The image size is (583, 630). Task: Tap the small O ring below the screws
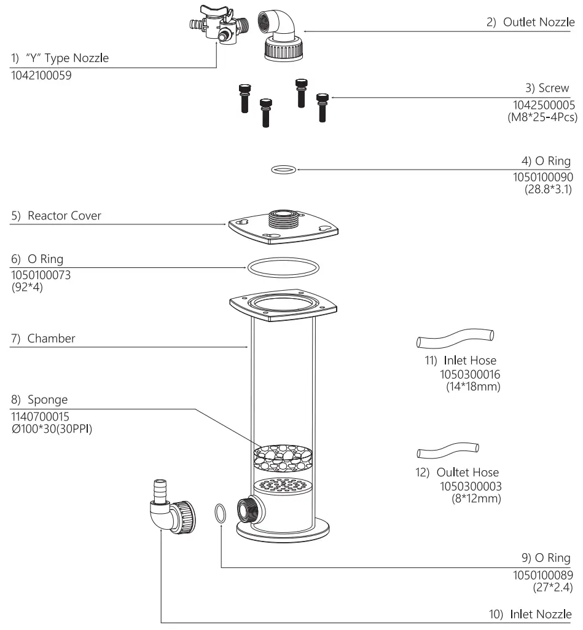pyautogui.click(x=283, y=168)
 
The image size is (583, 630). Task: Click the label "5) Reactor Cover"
pyautogui.click(x=57, y=216)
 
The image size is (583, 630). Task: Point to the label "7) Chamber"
pyautogui.click(x=43, y=339)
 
